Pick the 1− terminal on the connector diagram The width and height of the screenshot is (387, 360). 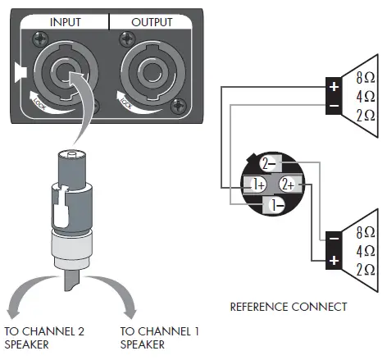pos(278,203)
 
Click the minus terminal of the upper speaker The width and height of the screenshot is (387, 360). pos(334,107)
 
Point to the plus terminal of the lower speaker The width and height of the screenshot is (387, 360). pos(334,261)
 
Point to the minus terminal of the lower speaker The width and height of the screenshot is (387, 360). pos(334,239)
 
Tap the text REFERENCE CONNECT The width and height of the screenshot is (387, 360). pos(288,307)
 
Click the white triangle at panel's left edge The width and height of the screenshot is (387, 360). pos(20,75)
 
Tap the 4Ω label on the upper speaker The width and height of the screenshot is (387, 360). pos(366,98)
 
